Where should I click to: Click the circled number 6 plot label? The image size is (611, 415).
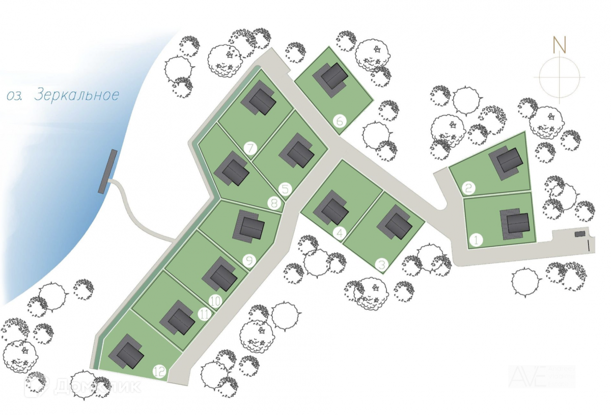[340, 121]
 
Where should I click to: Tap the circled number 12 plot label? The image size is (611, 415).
[160, 372]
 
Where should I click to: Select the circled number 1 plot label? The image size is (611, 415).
[476, 240]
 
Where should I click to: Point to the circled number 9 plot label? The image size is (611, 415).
[249, 261]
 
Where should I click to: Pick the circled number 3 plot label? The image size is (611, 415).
[381, 264]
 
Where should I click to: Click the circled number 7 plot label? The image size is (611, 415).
[250, 149]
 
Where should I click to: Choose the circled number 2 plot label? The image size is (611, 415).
[469, 188]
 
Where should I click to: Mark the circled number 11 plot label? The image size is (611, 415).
[204, 314]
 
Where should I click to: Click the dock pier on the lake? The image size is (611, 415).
[107, 172]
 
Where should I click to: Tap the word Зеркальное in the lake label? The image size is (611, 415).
[77, 95]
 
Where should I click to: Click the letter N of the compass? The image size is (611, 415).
[560, 45]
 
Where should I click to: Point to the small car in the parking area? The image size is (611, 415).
[580, 234]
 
